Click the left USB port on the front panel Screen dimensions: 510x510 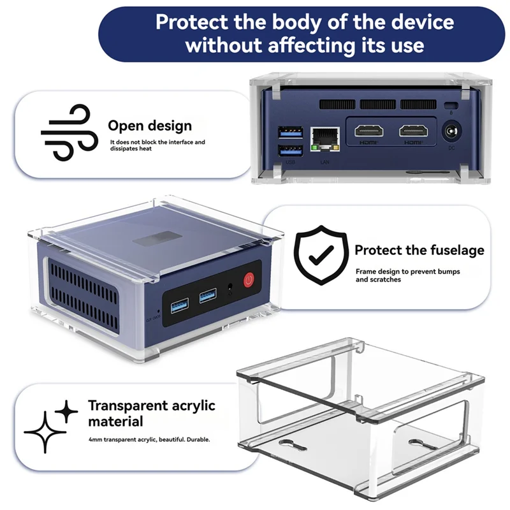[178, 299]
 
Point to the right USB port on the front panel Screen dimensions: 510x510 [208, 295]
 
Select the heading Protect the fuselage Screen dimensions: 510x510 [419, 250]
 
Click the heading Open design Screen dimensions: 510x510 [149, 126]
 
